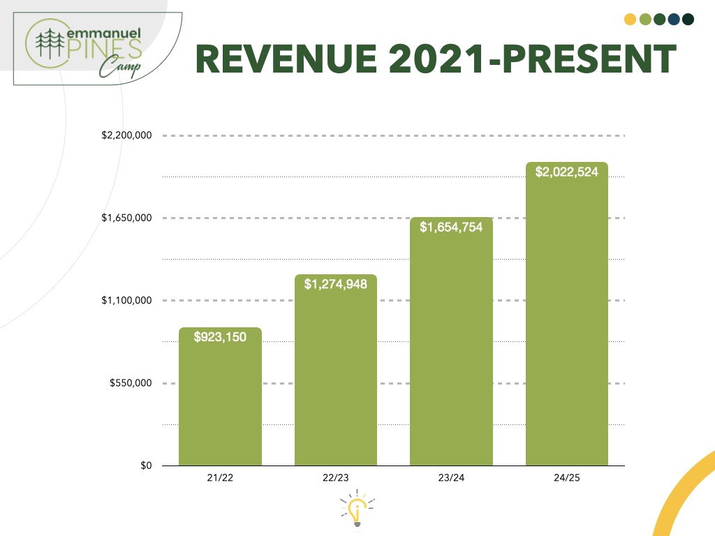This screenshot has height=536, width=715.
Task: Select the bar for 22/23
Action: [335, 377]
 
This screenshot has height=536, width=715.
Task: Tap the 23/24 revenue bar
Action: [451, 349]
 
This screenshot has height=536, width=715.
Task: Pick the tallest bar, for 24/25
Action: [566, 321]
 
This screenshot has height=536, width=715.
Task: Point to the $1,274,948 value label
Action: [335, 284]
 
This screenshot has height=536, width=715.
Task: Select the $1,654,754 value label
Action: [451, 227]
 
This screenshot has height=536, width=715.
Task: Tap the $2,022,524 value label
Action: [566, 172]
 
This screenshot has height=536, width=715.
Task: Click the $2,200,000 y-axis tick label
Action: [127, 135]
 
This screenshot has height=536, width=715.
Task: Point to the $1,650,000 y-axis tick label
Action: [127, 218]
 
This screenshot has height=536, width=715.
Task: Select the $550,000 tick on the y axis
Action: [131, 383]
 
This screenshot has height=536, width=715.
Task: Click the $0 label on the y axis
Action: [146, 466]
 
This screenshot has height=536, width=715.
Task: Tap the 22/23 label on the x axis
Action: [335, 478]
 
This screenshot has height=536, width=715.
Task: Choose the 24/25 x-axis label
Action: [566, 478]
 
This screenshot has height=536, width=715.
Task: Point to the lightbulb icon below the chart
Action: [357, 509]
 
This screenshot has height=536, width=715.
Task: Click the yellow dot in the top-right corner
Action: [630, 19]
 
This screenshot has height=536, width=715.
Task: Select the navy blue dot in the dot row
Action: [673, 19]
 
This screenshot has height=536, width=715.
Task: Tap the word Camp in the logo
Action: [119, 67]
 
